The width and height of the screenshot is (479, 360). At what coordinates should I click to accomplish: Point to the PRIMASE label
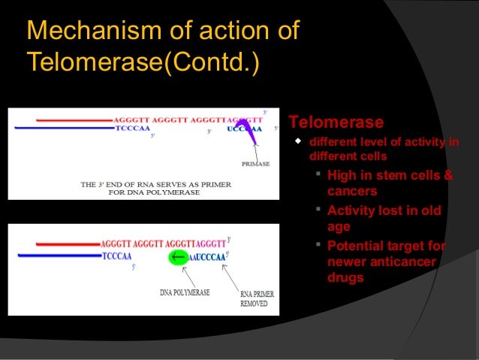pyautogui.click(x=255, y=164)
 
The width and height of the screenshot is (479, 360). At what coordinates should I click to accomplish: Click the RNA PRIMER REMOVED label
pyautogui.click(x=253, y=298)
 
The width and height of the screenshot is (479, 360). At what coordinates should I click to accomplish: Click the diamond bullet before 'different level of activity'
pyautogui.click(x=298, y=141)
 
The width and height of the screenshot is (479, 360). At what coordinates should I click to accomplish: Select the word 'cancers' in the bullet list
pyautogui.click(x=352, y=191)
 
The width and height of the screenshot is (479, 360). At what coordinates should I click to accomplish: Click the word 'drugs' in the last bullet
pyautogui.click(x=345, y=277)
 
